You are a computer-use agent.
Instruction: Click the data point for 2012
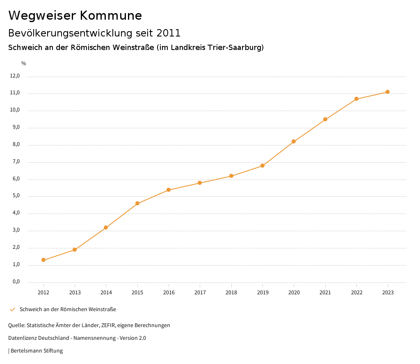[x=43, y=260]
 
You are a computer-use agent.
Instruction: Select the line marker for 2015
[x=137, y=203]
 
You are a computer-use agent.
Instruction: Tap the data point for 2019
[x=262, y=166]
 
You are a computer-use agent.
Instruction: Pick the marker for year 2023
[x=388, y=92]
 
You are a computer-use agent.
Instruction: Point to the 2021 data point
[x=325, y=119]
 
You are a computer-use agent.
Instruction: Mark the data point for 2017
[x=200, y=183]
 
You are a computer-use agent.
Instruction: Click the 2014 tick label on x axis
[x=106, y=292]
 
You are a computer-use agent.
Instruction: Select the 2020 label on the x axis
[x=294, y=292]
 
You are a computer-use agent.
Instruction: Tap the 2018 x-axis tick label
[x=231, y=292]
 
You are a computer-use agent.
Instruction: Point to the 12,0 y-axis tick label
[x=15, y=76]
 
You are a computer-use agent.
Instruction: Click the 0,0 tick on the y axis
[x=16, y=282]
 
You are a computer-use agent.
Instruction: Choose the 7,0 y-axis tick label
[x=16, y=162]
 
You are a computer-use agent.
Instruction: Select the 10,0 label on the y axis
[x=15, y=110]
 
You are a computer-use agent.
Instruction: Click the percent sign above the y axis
[x=24, y=64]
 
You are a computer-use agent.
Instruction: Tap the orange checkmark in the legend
[x=12, y=309]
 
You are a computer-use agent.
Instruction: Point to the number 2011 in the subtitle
[x=168, y=33]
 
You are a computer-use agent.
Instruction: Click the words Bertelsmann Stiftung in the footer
[x=37, y=350]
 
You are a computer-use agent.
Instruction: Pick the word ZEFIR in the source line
[x=108, y=325]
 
